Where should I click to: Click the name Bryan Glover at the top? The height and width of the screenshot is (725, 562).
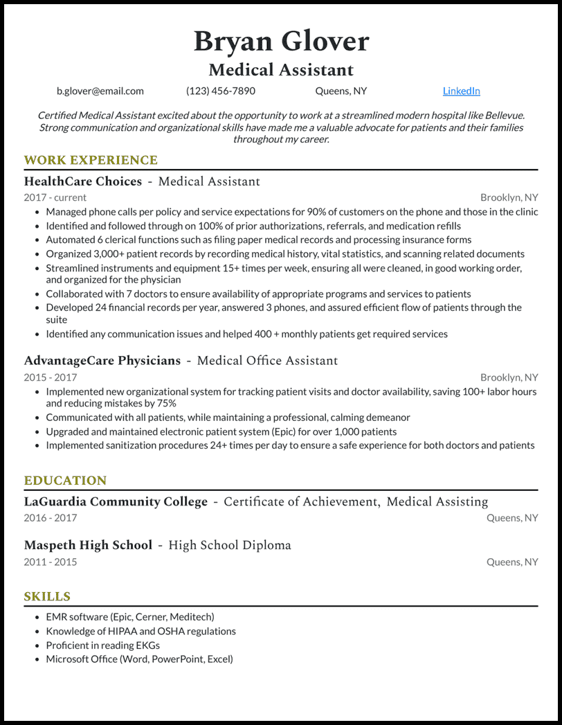(281, 42)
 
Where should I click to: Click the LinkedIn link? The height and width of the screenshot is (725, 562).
(461, 91)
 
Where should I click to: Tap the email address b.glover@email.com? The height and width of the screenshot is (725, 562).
(100, 91)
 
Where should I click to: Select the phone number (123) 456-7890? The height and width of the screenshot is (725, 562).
(221, 91)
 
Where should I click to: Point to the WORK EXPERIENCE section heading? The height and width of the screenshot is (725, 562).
(91, 161)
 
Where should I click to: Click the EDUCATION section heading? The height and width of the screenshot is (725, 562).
(65, 481)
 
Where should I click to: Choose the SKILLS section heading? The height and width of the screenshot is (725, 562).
(47, 596)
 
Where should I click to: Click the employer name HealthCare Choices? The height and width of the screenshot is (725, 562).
(83, 181)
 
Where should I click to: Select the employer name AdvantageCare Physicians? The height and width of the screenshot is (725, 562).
(102, 361)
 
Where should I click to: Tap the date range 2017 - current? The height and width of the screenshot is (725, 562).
(55, 197)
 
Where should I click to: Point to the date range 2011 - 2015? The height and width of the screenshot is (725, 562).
(51, 562)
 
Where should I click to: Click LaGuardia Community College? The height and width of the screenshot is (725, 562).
(116, 501)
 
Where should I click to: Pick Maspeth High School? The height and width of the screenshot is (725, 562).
(88, 545)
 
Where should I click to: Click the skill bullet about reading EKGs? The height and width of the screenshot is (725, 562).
(103, 645)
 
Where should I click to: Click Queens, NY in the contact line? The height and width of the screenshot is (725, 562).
(341, 91)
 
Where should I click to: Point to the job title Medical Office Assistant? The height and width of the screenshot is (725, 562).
(268, 361)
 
